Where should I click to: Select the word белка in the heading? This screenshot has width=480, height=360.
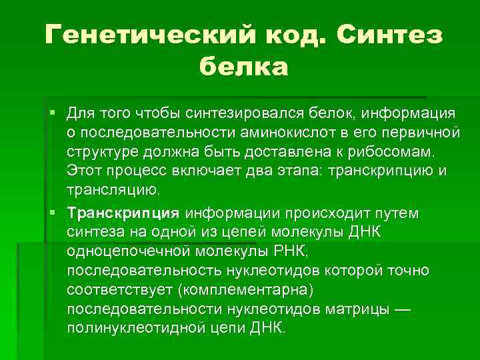[243, 66]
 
